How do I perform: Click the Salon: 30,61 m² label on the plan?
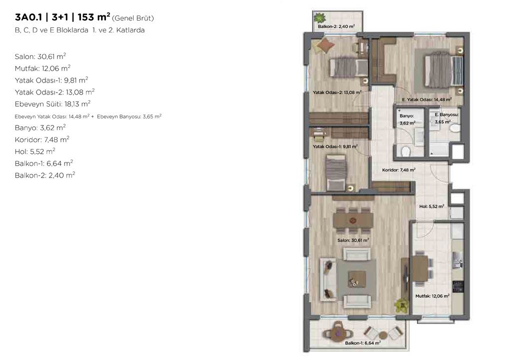point(353,240)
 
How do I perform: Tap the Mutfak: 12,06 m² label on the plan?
point(432,296)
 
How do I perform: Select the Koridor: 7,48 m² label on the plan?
point(398,170)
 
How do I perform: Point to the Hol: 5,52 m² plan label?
point(431,206)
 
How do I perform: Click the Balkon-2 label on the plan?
point(336,26)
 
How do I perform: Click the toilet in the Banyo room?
point(405,151)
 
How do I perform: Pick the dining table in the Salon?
point(353,220)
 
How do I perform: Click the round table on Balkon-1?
point(338,331)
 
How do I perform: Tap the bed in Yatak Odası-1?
point(336,173)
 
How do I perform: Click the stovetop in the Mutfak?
point(458,286)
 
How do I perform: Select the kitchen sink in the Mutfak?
point(457,259)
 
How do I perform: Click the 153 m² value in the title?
point(94,16)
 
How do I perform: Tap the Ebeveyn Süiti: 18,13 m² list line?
point(52,104)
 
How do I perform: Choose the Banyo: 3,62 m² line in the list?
point(40,127)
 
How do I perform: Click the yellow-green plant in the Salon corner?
point(401,305)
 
